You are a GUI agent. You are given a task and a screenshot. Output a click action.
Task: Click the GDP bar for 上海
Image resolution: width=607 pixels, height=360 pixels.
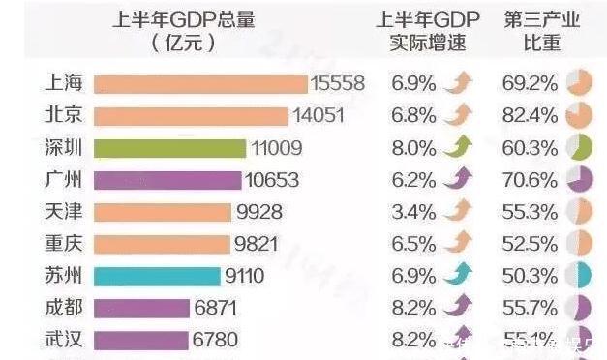(199, 84)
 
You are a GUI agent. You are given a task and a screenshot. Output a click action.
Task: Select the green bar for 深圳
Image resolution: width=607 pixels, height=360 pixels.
(169, 148)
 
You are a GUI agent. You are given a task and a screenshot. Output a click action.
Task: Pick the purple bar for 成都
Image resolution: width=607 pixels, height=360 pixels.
(141, 308)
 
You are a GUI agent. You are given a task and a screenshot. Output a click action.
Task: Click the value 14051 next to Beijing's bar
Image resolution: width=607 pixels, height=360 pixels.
(319, 116)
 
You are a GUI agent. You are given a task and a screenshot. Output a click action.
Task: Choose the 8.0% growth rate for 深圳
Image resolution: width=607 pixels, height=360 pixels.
(413, 148)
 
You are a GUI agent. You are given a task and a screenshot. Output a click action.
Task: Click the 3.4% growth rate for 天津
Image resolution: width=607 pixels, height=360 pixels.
(413, 212)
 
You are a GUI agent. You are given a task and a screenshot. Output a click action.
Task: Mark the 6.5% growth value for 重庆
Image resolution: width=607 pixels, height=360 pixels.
(413, 244)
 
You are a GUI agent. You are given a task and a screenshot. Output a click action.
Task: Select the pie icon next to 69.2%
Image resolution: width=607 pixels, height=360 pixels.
(579, 84)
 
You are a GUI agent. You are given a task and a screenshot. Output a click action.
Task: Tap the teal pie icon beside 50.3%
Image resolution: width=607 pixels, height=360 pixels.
(579, 276)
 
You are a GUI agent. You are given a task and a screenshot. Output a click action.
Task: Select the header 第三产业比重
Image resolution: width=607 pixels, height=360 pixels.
(542, 31)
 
